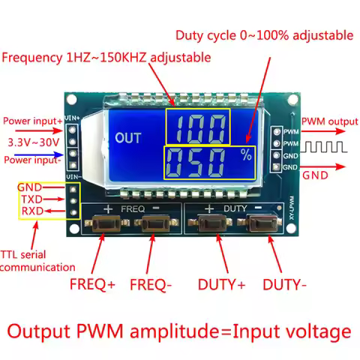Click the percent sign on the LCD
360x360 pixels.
tap(245, 155)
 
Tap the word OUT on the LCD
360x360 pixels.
tap(129, 138)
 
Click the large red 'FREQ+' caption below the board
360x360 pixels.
tap(93, 285)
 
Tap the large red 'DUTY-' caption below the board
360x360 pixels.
tap(285, 285)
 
